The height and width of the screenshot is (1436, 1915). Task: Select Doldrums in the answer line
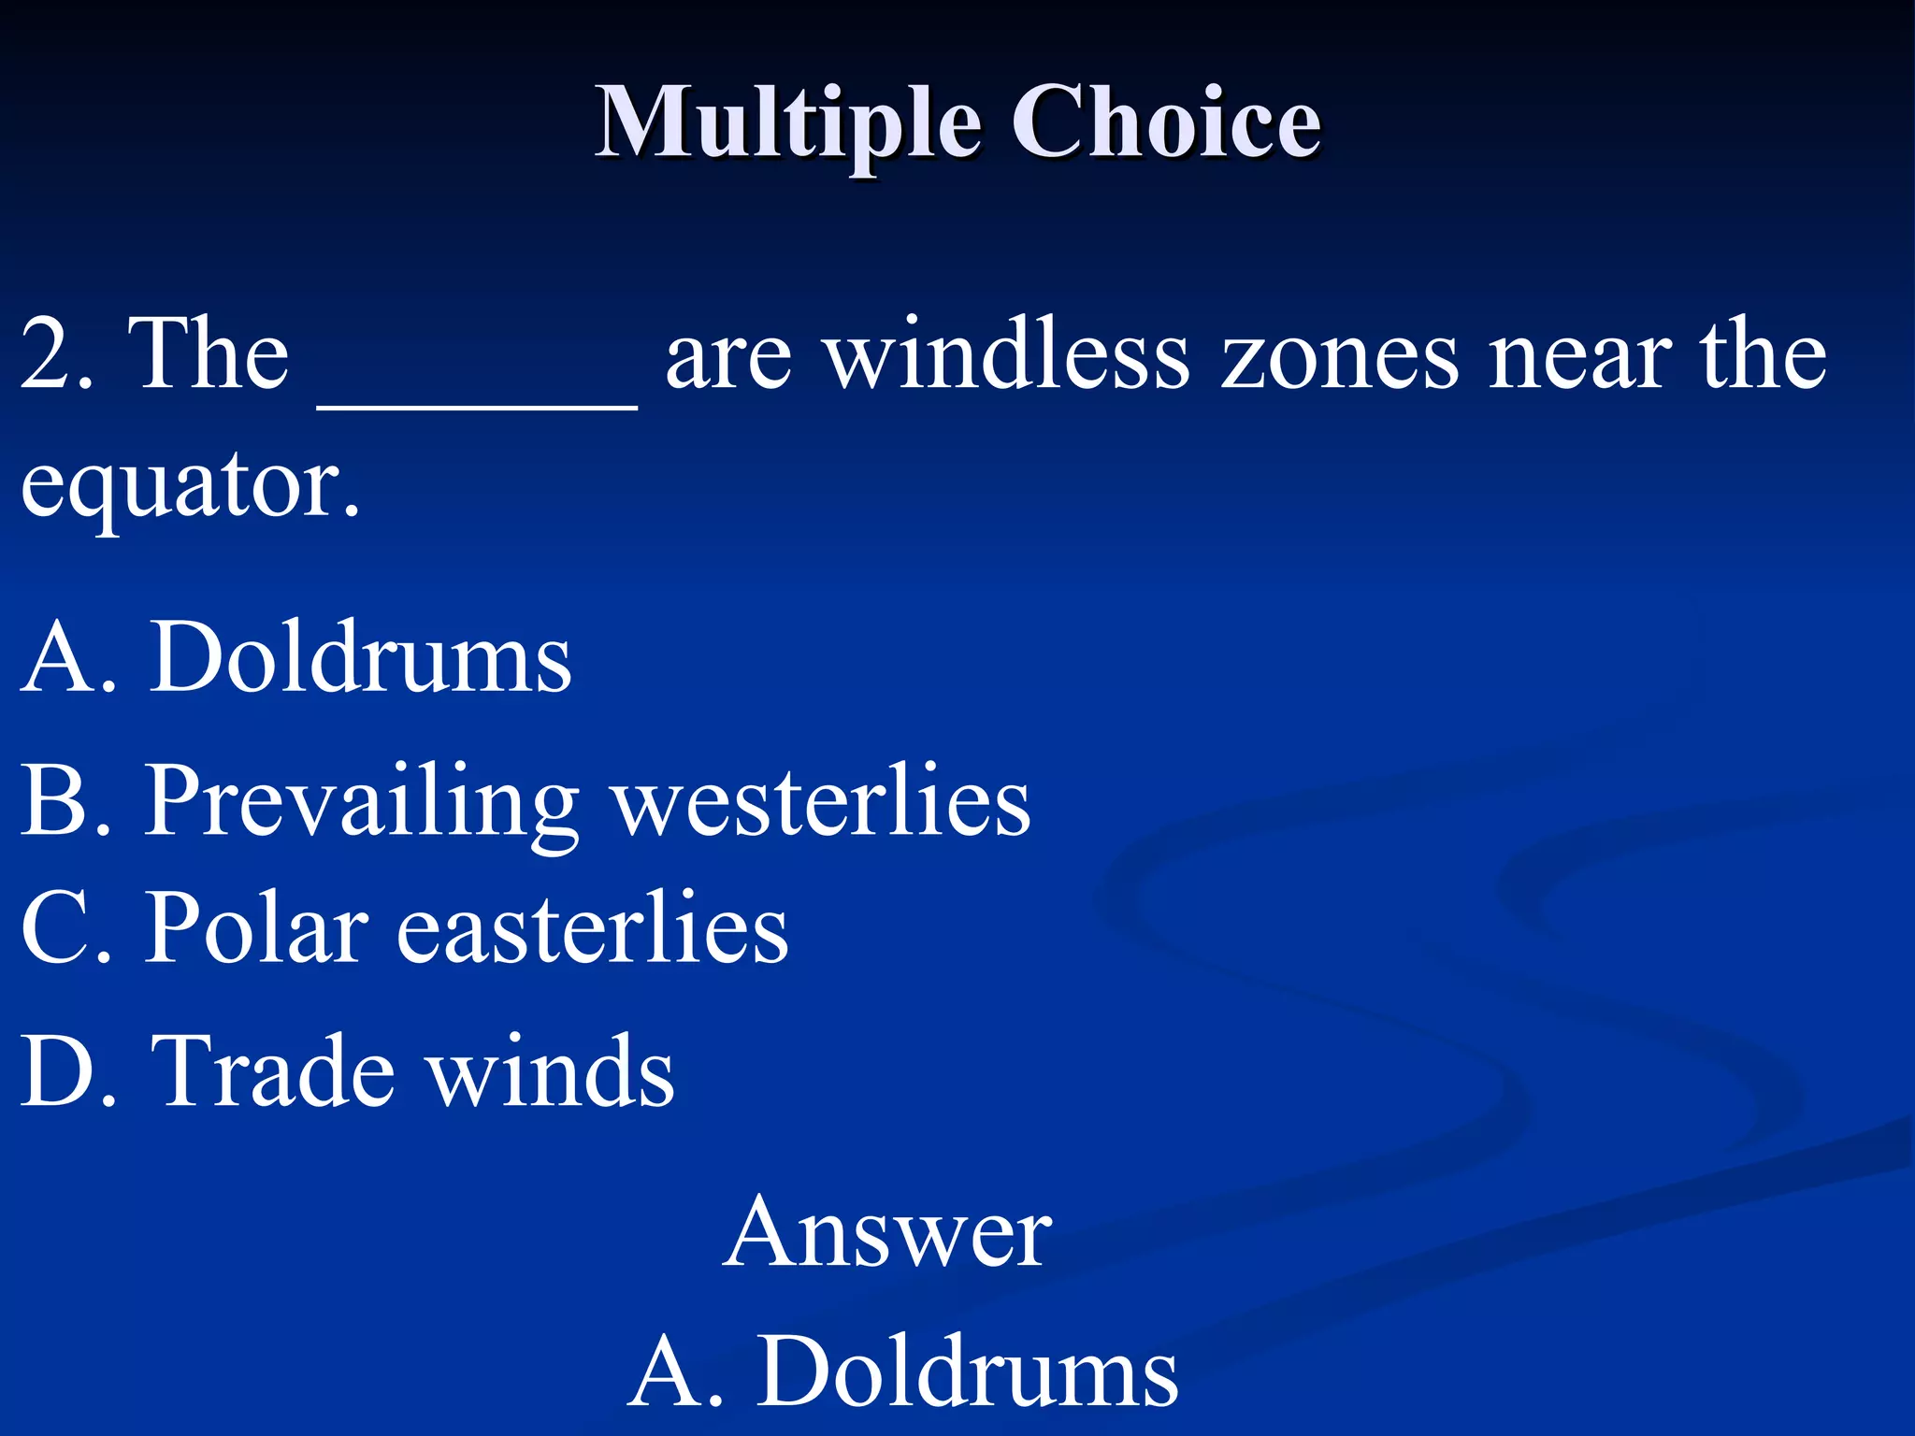[967, 1372]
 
